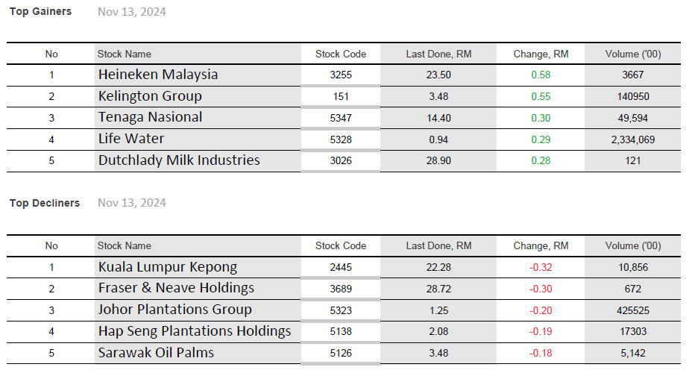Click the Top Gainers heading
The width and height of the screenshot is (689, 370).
40,11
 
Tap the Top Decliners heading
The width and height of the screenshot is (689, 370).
44,203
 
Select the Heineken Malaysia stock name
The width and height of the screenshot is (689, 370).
158,75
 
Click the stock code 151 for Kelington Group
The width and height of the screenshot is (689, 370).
341,96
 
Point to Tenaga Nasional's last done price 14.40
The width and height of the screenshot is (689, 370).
438,118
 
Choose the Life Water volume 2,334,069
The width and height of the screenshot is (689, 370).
633,139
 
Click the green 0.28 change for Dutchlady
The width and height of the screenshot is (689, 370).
541,161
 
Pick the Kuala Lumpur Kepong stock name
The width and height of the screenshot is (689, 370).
168,267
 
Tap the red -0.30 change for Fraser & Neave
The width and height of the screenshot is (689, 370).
541,289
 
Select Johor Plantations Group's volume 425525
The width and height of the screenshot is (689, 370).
633,310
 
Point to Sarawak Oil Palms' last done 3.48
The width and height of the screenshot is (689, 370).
438,353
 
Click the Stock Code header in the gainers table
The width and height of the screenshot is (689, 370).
341,54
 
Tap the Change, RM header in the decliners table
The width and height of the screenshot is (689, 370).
541,245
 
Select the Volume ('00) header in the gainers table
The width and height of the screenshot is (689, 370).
633,54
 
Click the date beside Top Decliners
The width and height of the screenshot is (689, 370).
132,203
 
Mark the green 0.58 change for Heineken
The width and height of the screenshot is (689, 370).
541,75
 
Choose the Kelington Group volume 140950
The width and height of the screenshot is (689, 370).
633,96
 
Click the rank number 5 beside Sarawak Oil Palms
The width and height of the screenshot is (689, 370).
51,353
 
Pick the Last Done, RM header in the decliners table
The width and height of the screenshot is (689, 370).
438,245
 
